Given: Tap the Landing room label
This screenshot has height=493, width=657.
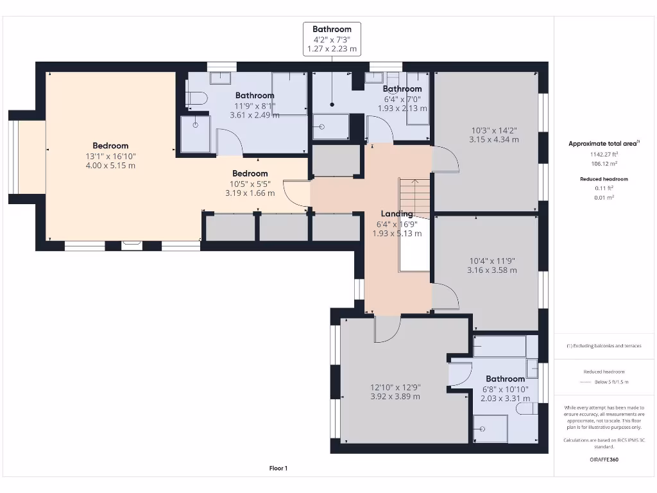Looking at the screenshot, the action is click(x=397, y=214).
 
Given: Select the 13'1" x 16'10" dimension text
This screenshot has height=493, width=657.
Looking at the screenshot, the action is click(x=110, y=157).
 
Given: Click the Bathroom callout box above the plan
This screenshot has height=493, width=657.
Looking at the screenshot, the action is click(x=332, y=39).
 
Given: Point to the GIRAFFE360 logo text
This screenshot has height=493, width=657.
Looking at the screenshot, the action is click(x=604, y=460).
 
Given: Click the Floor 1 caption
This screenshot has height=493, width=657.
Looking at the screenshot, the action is click(x=278, y=468).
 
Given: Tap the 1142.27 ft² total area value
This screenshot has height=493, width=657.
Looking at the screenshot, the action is click(x=604, y=154).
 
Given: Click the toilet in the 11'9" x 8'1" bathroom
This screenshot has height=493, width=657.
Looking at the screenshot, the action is click(x=196, y=98).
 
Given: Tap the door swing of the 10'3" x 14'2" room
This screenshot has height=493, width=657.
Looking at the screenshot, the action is click(x=445, y=159).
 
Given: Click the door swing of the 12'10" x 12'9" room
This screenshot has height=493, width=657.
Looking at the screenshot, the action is click(x=388, y=329).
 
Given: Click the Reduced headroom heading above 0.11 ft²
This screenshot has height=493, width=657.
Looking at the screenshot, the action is click(x=604, y=179).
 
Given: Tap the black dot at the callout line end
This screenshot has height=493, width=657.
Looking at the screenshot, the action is click(x=332, y=105).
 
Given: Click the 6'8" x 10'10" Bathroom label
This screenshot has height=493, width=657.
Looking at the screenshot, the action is click(x=506, y=379).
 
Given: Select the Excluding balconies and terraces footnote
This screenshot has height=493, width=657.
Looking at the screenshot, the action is click(x=604, y=346).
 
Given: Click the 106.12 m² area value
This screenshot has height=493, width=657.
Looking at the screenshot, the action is click(x=604, y=164).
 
